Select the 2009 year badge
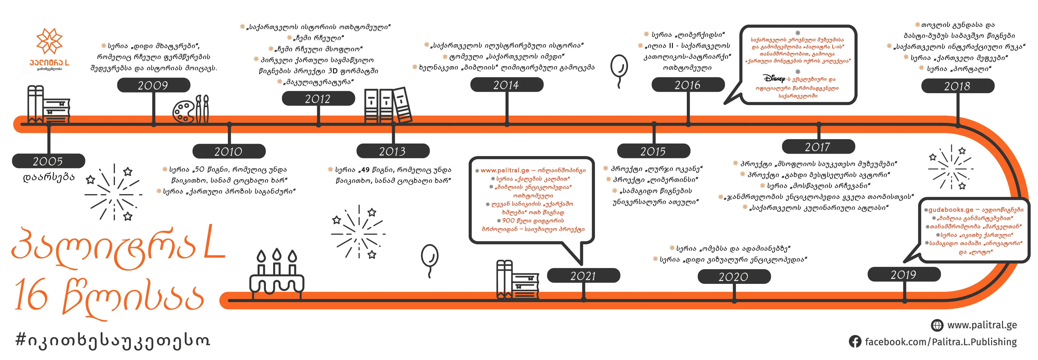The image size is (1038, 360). coord(154,85)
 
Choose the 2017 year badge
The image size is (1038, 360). coord(818,147)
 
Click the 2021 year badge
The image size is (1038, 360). coord(583,276)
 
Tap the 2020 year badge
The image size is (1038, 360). coord(733,277)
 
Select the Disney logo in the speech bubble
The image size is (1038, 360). coord(774,78)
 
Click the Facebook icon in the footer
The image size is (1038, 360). coord(855,342)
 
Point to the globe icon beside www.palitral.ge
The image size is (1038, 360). coord(937,325)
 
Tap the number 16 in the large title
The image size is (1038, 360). coord(31,296)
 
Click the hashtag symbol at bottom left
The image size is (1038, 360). coord(21,341)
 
